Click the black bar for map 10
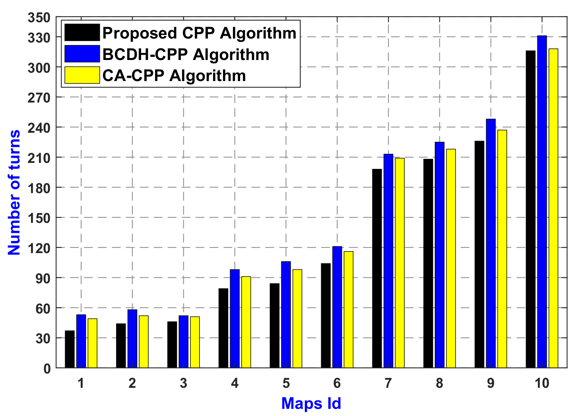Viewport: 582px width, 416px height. click(x=530, y=209)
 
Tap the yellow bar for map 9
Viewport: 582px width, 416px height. click(x=502, y=249)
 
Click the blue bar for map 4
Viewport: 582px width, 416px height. click(x=235, y=318)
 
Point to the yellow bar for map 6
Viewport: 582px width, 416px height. click(x=348, y=310)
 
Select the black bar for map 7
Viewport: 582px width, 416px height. click(x=377, y=268)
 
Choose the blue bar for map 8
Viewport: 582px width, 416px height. click(x=439, y=255)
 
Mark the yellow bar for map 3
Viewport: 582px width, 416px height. click(x=195, y=342)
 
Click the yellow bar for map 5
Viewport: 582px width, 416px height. click(x=297, y=318)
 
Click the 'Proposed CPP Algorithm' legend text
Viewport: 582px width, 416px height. click(x=199, y=33)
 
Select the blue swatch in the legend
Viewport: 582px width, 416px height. click(x=82, y=54)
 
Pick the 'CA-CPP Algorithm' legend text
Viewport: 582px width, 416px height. click(x=174, y=75)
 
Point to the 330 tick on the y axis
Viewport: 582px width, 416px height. click(x=39, y=38)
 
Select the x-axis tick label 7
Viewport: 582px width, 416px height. click(x=388, y=383)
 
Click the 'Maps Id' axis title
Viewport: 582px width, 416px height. click(x=311, y=404)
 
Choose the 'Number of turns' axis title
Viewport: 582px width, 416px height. click(x=14, y=193)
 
